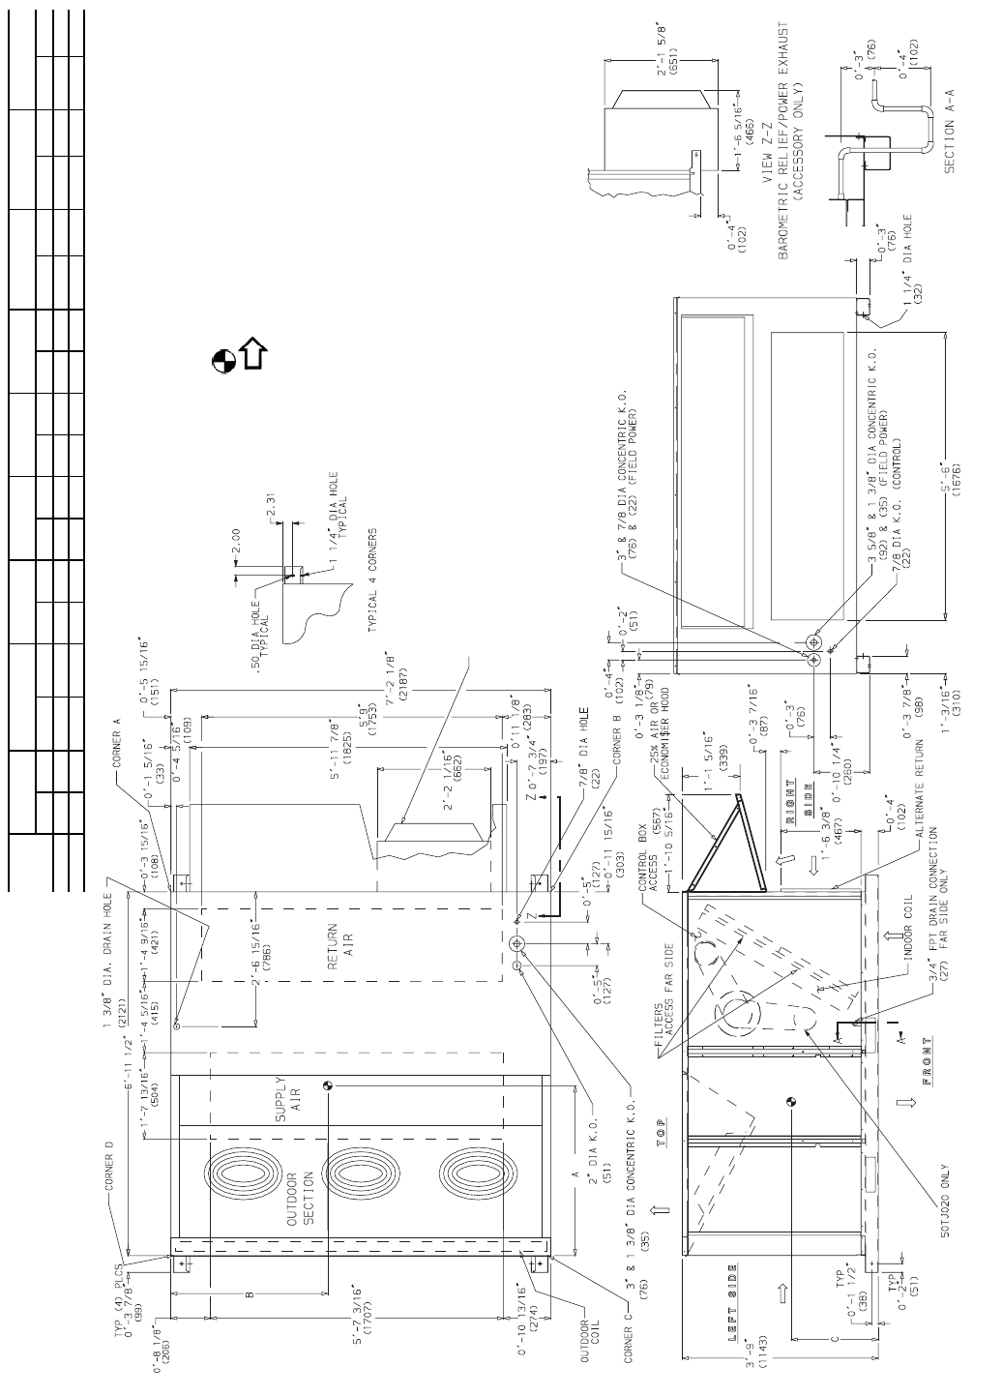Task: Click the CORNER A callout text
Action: click(117, 747)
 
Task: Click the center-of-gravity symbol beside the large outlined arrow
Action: click(222, 360)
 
